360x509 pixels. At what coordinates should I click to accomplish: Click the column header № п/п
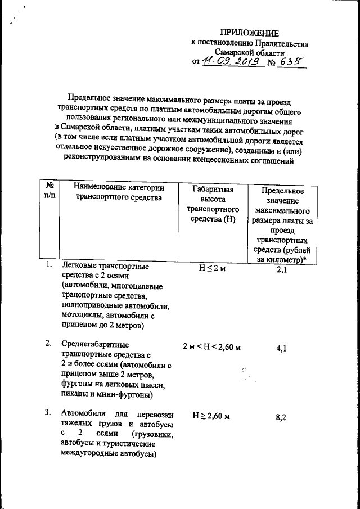tap(49, 193)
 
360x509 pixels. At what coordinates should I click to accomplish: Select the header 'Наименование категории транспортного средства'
tap(114, 193)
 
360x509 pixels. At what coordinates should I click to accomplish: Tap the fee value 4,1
tap(282, 348)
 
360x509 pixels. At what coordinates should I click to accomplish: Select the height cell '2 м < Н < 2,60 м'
tap(212, 347)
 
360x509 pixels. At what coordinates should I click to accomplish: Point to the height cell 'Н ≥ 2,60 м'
tap(212, 416)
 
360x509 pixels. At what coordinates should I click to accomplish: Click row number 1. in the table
tap(49, 265)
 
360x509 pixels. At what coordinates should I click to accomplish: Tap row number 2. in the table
tap(49, 343)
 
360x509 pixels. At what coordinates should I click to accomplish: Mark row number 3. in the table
tap(49, 413)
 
